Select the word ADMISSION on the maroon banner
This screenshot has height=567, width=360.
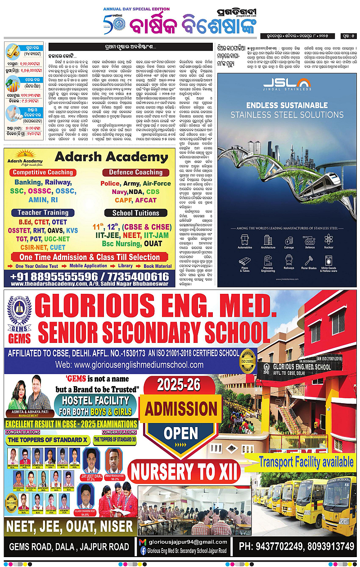tap(180, 409)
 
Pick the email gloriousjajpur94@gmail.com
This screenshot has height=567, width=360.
tap(188, 542)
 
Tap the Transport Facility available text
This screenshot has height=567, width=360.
tap(306, 461)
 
